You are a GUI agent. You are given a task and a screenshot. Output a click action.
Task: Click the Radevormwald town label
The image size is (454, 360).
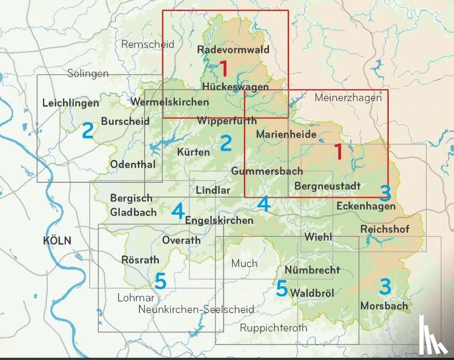point(233,50)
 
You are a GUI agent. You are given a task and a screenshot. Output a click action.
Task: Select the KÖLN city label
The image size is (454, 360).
point(57,241)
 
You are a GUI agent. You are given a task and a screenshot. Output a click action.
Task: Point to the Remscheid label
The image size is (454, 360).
point(148,44)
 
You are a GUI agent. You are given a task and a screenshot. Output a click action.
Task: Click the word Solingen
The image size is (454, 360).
point(87,74)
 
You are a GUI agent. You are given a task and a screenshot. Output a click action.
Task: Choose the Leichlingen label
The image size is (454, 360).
point(70,103)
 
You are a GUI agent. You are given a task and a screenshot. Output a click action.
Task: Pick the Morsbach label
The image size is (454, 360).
point(384,306)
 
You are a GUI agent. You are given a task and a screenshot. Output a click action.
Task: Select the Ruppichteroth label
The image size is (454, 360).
point(274,328)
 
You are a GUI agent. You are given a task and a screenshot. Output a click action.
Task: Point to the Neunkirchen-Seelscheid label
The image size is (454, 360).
point(196,309)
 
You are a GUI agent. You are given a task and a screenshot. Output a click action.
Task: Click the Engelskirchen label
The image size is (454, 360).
point(219,220)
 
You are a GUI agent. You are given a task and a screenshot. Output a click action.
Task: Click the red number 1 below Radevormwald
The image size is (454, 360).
point(224,69)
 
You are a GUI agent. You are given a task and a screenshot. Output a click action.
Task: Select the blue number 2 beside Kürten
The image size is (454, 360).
point(226,143)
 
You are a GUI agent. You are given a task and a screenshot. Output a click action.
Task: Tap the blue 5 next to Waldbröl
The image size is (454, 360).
point(281,288)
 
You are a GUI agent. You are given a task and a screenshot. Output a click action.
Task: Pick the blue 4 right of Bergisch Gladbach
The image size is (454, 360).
point(178,212)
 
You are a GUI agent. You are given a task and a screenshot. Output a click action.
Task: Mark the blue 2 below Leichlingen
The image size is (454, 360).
point(87,131)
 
